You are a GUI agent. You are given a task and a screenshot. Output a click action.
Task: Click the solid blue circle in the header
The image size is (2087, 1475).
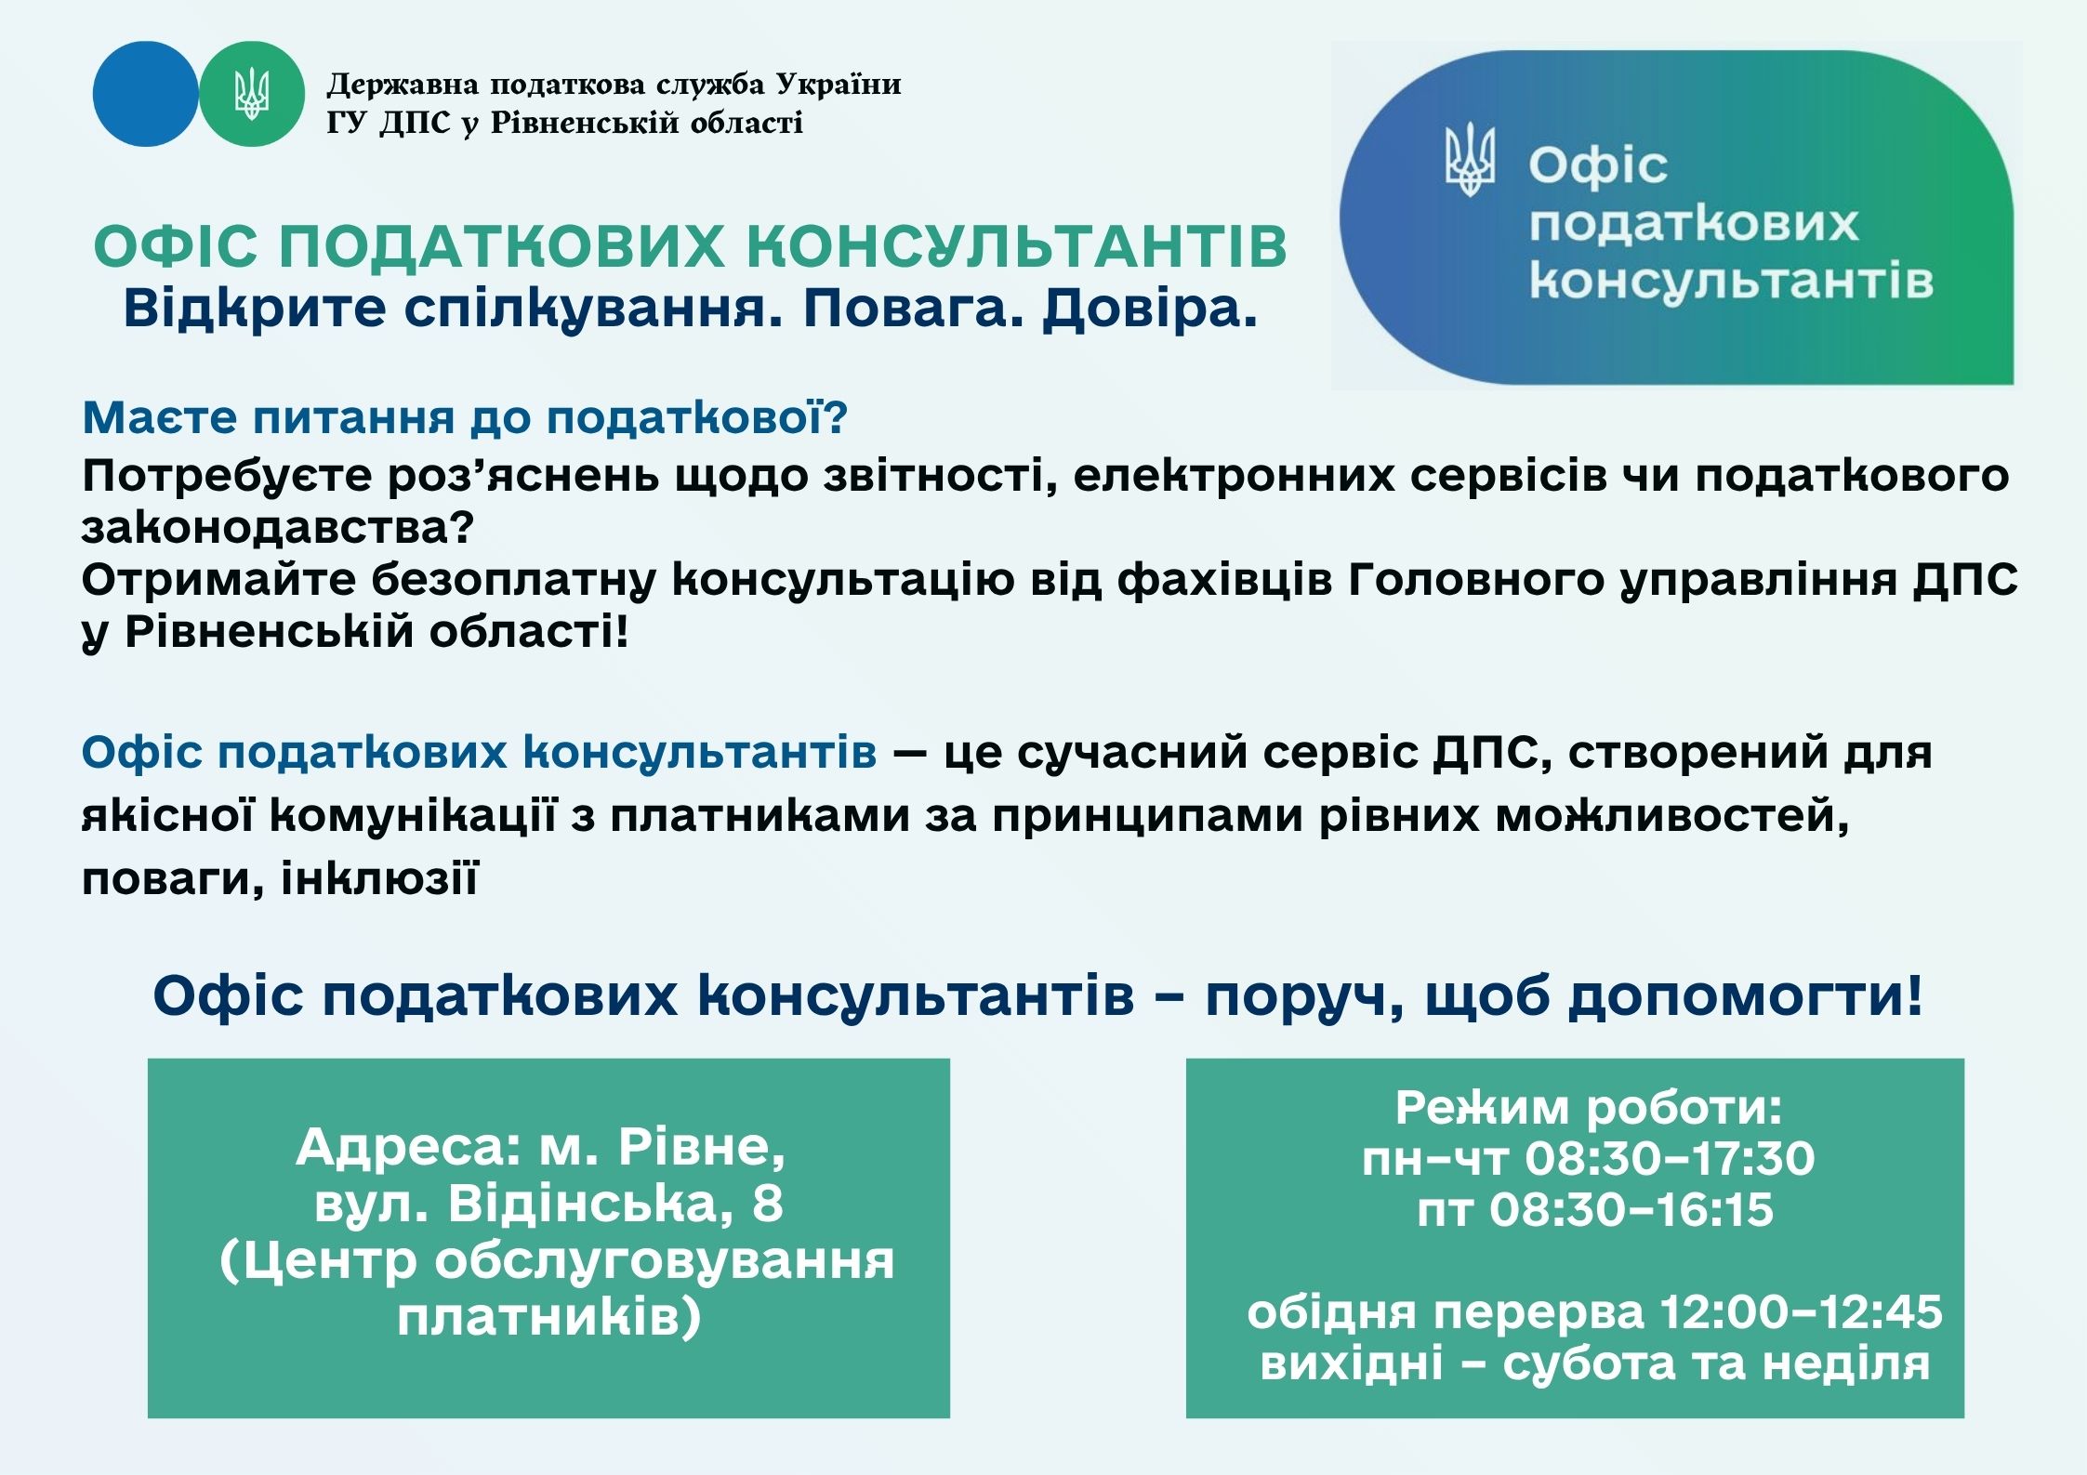(146, 94)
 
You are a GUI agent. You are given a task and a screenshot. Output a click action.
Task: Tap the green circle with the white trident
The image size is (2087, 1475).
(252, 94)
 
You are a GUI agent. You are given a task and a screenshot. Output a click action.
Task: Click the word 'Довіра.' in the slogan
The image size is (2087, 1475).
(1150, 309)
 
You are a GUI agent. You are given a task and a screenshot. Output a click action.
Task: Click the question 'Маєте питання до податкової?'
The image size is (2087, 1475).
(465, 417)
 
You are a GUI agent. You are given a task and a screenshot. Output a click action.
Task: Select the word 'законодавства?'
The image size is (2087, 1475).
(278, 528)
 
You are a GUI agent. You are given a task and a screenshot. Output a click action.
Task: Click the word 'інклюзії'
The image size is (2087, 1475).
(379, 877)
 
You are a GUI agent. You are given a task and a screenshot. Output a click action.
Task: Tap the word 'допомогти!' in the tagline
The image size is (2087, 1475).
(1746, 998)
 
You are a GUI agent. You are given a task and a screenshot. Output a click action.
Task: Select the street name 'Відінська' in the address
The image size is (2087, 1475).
(584, 1204)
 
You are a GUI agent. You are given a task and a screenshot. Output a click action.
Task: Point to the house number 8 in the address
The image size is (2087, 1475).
(768, 1204)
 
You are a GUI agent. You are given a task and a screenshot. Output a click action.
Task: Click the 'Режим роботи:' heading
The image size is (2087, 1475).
(1589, 1107)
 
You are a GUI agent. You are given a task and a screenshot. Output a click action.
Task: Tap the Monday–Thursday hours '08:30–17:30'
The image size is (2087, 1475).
(1670, 1159)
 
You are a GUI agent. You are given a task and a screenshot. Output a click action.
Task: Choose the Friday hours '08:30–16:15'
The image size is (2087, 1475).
(1631, 1210)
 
